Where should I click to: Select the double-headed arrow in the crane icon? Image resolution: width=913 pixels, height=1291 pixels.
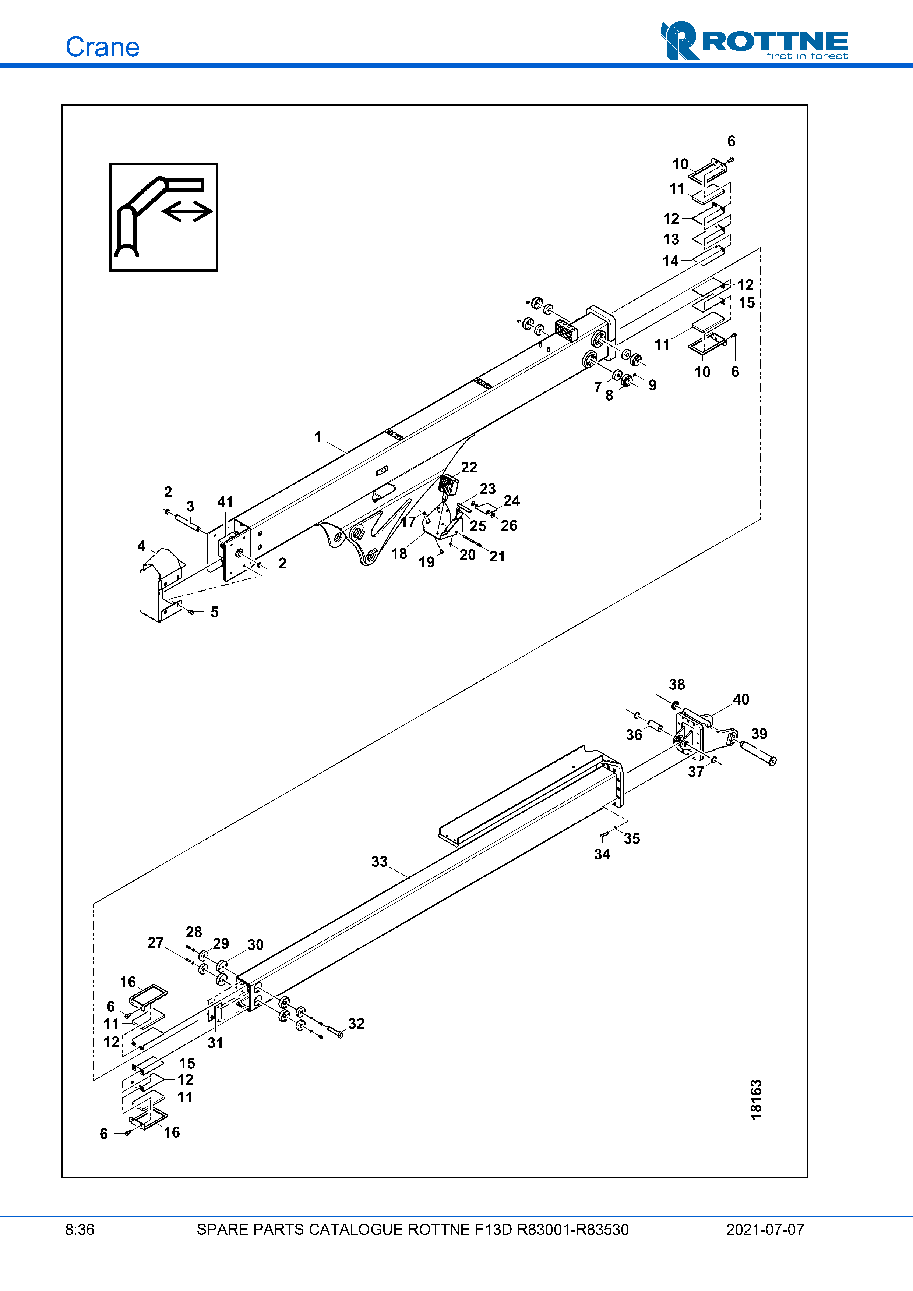[x=187, y=212]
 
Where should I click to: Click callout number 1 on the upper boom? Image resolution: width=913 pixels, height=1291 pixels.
[x=318, y=437]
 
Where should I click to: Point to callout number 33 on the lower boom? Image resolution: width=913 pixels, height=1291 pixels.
[x=379, y=861]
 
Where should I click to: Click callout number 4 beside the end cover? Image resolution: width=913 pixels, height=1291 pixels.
[x=141, y=545]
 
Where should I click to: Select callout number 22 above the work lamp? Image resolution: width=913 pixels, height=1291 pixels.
[x=469, y=467]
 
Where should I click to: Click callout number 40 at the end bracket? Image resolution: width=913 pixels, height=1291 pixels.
[x=740, y=699]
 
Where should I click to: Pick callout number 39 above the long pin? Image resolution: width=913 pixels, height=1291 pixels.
[x=759, y=733]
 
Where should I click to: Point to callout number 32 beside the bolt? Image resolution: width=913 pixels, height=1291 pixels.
[x=356, y=1024]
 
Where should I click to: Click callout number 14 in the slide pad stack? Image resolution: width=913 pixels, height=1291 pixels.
[x=670, y=261]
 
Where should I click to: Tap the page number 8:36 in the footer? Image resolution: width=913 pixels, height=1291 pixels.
[x=80, y=1230]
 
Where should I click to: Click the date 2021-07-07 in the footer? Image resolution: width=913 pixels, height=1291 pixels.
[x=765, y=1230]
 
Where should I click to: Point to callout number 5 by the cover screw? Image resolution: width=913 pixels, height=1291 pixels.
[x=214, y=612]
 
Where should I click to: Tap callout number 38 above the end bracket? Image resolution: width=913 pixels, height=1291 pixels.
[x=676, y=684]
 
